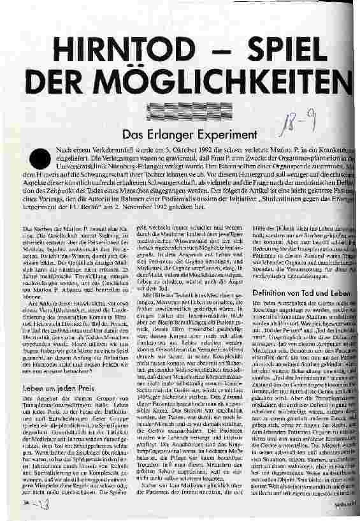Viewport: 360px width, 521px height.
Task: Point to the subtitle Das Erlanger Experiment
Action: coord(182,135)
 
